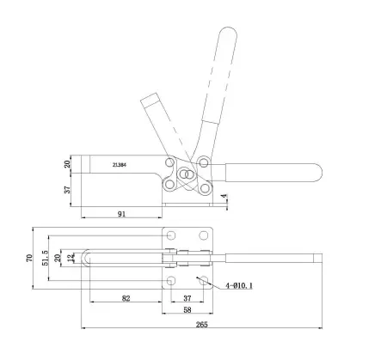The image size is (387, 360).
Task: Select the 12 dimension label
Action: (x=71, y=258)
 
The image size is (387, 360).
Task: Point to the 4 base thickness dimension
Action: (x=225, y=197)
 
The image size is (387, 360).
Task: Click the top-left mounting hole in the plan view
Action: (x=172, y=235)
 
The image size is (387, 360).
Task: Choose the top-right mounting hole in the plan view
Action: (x=204, y=235)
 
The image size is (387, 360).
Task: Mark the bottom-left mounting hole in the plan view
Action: (x=172, y=281)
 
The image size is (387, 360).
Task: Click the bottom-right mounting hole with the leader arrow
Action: (x=204, y=281)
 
